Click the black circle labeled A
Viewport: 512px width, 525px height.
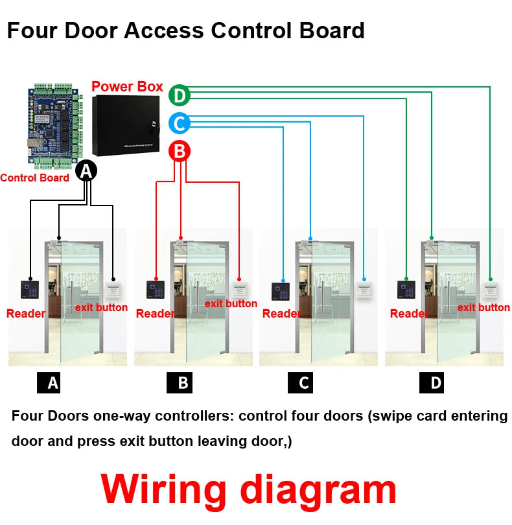[x=87, y=170]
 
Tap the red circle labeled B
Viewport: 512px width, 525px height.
[x=180, y=152]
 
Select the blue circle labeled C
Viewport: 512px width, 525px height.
[x=180, y=122]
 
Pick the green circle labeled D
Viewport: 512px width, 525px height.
[x=180, y=96]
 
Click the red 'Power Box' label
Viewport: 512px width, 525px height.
[x=127, y=86]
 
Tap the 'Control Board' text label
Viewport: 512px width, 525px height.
[x=35, y=178]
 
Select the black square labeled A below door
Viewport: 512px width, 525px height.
[x=53, y=383]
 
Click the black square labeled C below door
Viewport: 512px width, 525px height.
[x=303, y=383]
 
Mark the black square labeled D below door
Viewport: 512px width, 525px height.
[x=436, y=383]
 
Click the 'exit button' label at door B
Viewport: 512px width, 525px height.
[x=231, y=303]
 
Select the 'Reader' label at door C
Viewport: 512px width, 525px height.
[x=282, y=314]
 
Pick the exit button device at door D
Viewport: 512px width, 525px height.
[x=490, y=290]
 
